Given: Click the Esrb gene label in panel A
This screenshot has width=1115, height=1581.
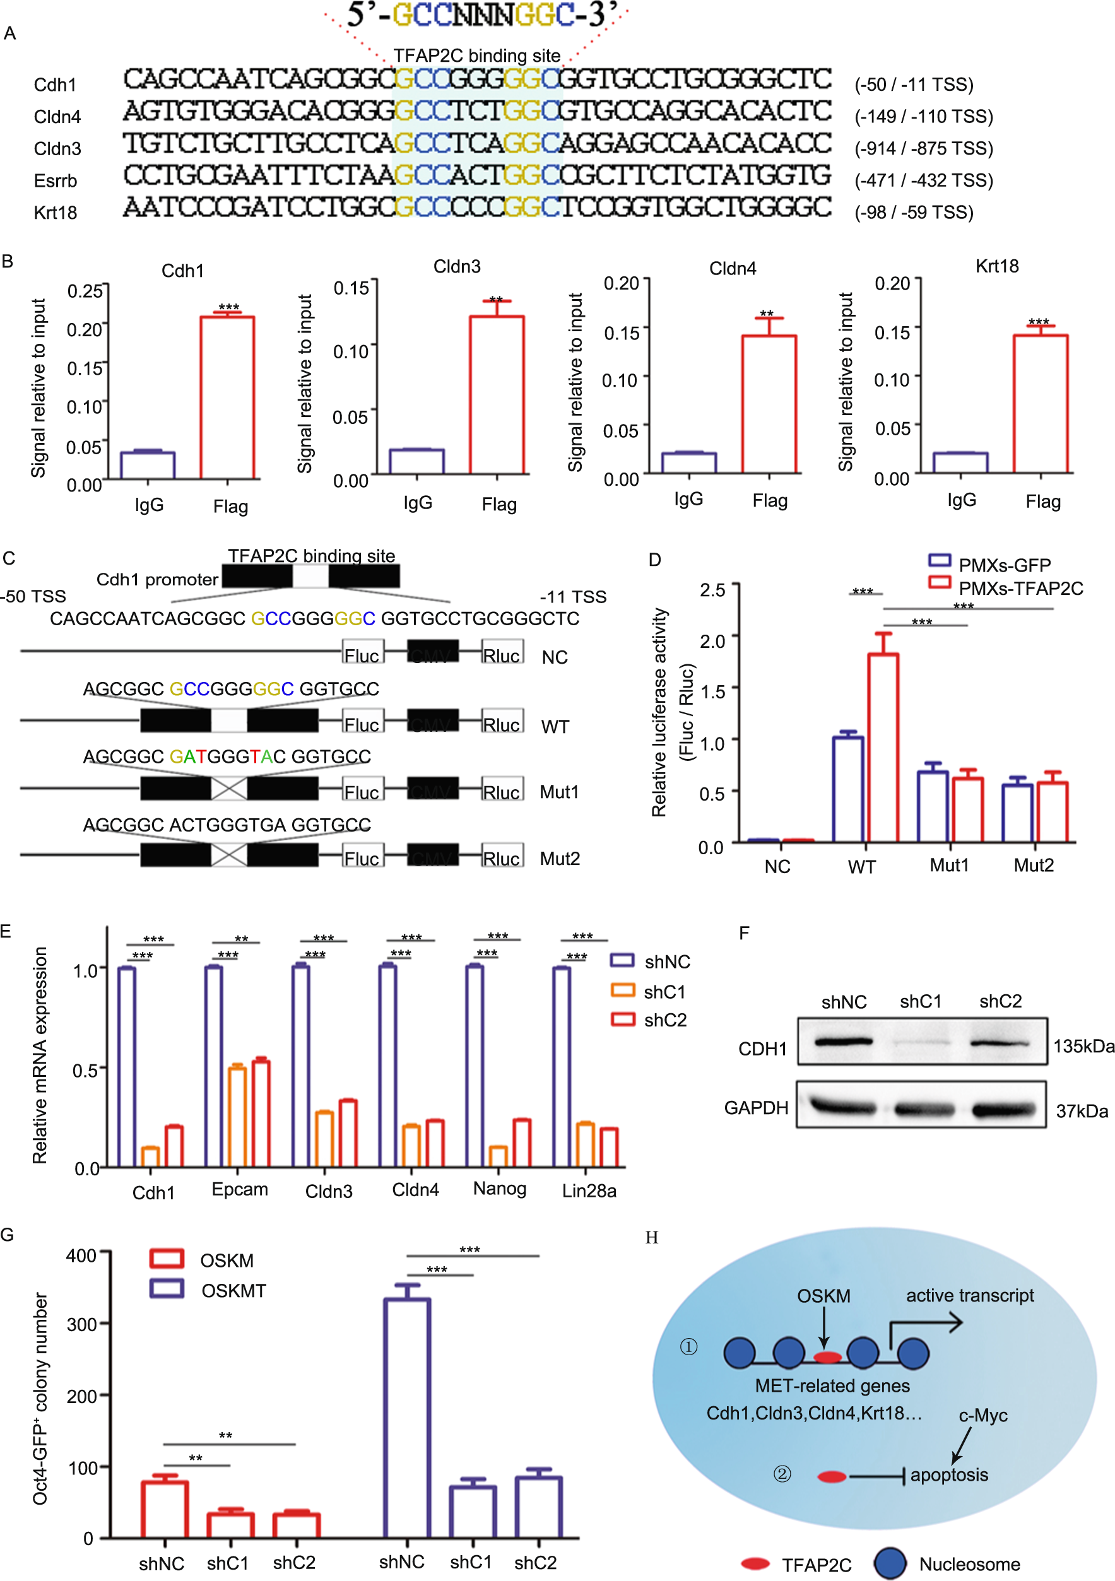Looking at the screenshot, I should coord(55,181).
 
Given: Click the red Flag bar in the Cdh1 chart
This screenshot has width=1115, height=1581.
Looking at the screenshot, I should coord(227,397).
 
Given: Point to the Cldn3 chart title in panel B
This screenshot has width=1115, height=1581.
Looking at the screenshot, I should coord(457,267).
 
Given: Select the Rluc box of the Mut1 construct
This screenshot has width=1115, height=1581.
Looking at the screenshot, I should coord(502,791).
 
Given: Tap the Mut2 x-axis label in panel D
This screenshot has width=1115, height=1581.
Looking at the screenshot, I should coord(1033,866).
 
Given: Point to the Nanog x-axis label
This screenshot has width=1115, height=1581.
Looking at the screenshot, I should coord(499,1189).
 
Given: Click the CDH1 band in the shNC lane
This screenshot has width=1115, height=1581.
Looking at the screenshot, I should coord(844,1042).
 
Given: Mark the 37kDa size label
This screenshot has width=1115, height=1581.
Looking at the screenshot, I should coord(1082,1112).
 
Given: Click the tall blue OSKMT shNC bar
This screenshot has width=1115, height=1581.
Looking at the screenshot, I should coord(407,1418).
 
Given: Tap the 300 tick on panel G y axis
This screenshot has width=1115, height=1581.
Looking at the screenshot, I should coord(81,1325).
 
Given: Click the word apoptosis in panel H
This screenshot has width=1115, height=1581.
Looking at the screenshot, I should coord(948,1475).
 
